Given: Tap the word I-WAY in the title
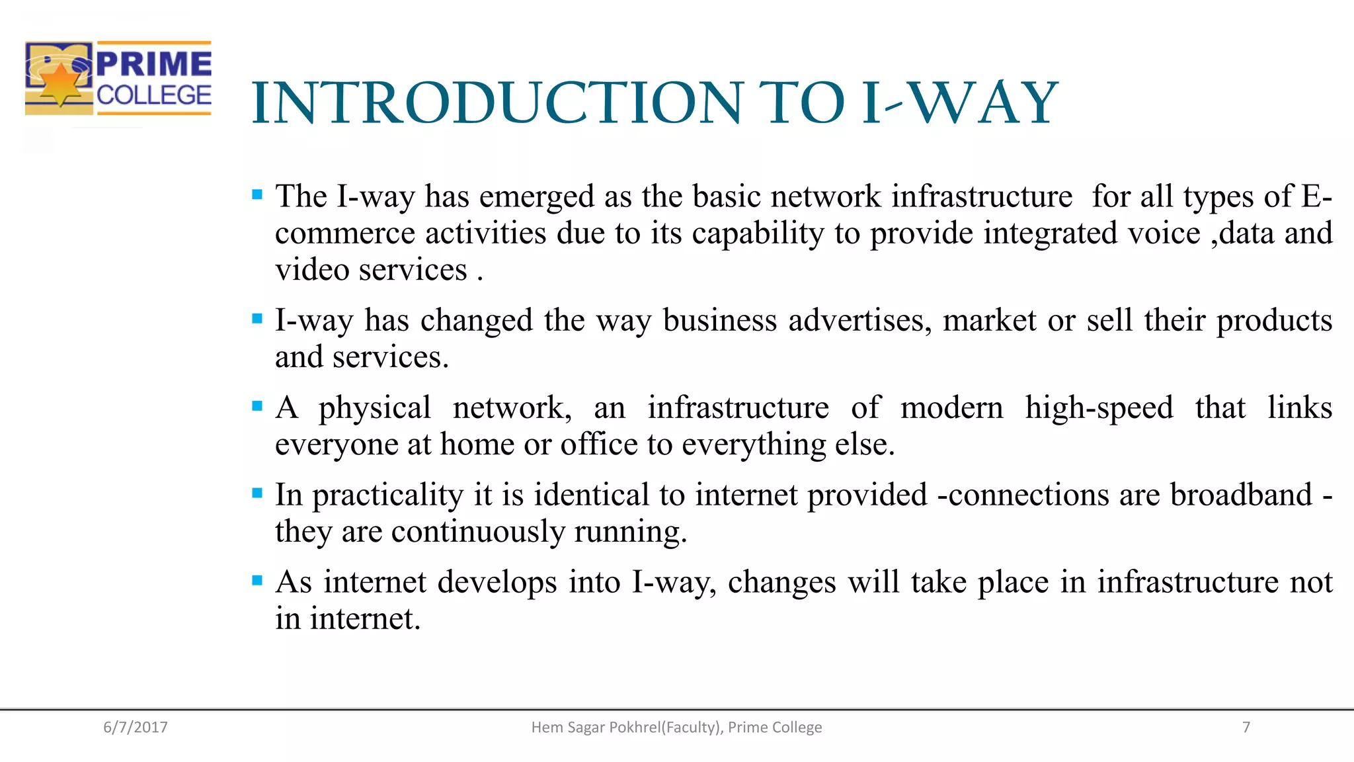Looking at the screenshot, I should pos(960,103).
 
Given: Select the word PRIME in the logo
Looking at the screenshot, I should pos(154,64).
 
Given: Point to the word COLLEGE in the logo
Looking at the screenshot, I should pos(154,95).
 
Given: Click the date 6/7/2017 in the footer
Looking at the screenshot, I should pos(136,727).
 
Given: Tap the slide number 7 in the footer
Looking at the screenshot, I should pos(1246,727).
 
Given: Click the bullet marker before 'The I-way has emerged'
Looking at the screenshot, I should pos(257,195).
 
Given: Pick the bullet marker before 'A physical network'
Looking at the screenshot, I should pos(257,406).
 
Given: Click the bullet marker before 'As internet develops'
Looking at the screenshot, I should pos(257,581).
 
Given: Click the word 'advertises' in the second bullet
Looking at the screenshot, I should pos(859,321).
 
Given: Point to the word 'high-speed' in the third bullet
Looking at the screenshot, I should pos(1099,408).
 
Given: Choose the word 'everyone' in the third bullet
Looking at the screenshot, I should pos(335,444).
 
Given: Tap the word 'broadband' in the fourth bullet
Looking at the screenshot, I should pos(1241,495).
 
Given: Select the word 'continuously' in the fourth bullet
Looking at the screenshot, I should pos(478,532).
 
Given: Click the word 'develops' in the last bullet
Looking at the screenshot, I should pos(497,583).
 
